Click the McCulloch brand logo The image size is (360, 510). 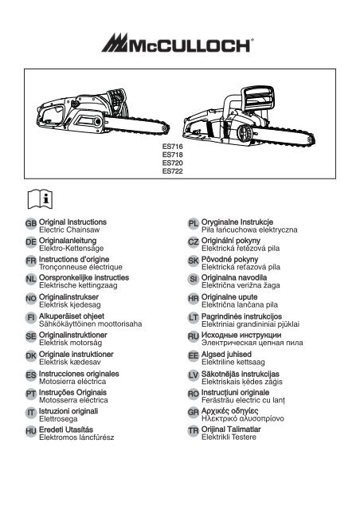click(x=178, y=43)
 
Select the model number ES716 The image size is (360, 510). click(x=172, y=147)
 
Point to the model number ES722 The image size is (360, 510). click(x=172, y=171)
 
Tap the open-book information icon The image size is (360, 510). click(x=40, y=198)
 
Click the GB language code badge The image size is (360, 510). click(x=31, y=224)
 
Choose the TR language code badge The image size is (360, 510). click(x=194, y=431)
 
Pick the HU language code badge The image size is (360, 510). click(x=31, y=432)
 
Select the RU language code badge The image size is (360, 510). click(x=194, y=336)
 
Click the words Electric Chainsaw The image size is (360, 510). click(x=69, y=230)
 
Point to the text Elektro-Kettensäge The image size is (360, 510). click(x=71, y=249)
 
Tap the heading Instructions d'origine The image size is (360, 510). click(x=74, y=259)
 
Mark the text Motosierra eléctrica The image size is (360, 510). click(x=72, y=381)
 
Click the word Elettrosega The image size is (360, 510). click(x=58, y=419)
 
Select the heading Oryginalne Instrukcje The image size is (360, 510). click(x=237, y=222)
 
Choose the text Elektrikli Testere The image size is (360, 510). click(x=229, y=437)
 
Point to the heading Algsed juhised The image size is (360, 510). click(x=226, y=354)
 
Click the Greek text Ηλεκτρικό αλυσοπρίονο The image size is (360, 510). click(x=243, y=418)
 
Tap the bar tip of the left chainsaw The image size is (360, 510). click(x=166, y=127)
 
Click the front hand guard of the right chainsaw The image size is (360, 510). click(x=259, y=98)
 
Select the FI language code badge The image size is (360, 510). click(x=31, y=317)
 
